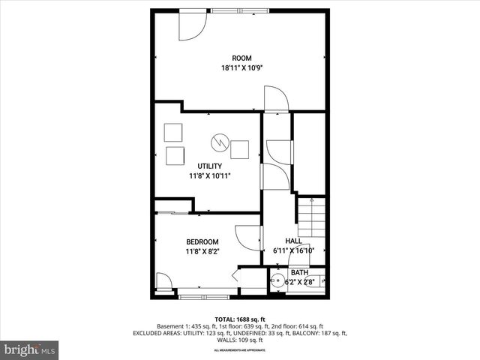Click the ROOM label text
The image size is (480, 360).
[241, 58]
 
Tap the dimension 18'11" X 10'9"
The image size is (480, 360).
[241, 68]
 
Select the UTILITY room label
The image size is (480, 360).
[209, 166]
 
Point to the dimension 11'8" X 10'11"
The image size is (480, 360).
[209, 175]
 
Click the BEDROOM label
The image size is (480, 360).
[202, 241]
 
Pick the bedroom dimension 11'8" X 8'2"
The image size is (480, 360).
[202, 251]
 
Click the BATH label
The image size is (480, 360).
[299, 272]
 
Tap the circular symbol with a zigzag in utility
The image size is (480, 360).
[220, 142]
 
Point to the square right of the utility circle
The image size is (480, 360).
[240, 149]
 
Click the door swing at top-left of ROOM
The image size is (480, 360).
[192, 28]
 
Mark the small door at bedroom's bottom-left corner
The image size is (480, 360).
[163, 283]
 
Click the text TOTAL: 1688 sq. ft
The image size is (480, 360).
[240, 319]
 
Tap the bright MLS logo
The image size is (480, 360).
[30, 349]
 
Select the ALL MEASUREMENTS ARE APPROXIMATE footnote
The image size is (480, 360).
[240, 350]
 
